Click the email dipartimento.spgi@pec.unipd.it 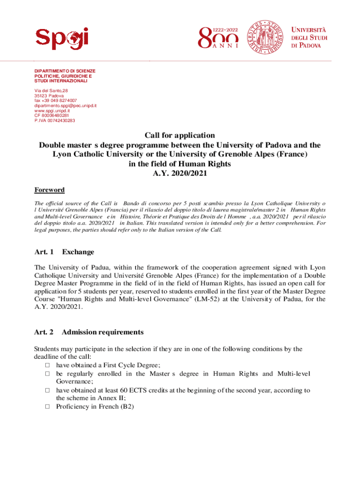coord(65,106)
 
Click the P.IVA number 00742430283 coord(54,121)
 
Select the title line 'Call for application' coord(180,136)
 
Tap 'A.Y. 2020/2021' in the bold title coord(180,174)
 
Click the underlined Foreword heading coord(50,190)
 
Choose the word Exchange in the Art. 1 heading coord(78,252)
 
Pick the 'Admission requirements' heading coord(102,332)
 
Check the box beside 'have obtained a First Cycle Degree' coord(47,365)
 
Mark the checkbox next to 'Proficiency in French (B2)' coord(47,407)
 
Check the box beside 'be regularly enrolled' coord(47,374)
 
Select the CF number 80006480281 coord(51,116)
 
